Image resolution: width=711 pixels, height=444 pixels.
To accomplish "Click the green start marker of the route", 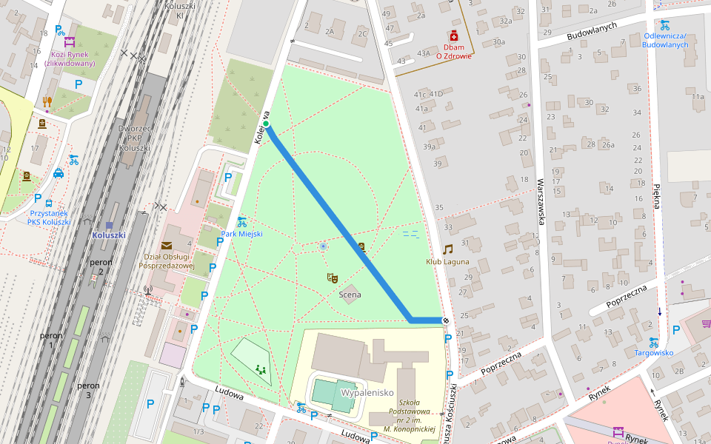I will (x=266, y=124).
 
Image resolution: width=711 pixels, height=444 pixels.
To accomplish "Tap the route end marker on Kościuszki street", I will (x=446, y=320).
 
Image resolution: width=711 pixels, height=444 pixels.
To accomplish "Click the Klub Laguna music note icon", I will (x=447, y=249).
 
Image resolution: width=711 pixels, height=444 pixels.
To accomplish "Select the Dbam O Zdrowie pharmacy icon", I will (x=453, y=36).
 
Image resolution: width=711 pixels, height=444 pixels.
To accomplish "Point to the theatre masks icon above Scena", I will (x=333, y=277).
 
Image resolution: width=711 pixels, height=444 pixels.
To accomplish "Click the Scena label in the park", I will (x=350, y=295).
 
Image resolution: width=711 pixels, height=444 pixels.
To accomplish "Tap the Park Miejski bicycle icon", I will (x=241, y=221).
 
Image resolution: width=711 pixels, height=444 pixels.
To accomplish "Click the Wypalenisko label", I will (x=366, y=392).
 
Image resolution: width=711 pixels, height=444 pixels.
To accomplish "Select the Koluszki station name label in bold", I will (x=109, y=235).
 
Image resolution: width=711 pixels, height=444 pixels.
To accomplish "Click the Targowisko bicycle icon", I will (x=653, y=342).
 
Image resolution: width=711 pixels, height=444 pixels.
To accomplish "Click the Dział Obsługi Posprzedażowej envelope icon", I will (x=166, y=246).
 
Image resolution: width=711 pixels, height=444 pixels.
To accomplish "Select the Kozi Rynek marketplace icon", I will (x=70, y=41).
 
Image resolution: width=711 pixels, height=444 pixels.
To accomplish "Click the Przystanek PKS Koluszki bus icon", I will (x=49, y=203).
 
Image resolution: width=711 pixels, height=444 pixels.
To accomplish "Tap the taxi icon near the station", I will (x=59, y=174).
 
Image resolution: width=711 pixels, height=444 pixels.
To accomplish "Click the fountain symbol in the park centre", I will (x=322, y=246).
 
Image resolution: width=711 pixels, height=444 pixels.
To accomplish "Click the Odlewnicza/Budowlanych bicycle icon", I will (x=664, y=24).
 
